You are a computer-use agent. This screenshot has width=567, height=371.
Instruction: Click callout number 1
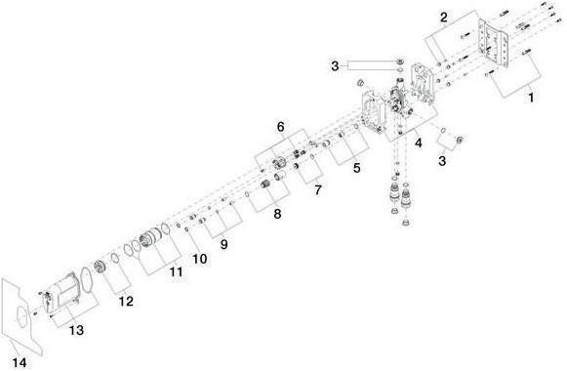[531, 98]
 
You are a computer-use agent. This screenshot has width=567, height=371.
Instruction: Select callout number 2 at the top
[443, 18]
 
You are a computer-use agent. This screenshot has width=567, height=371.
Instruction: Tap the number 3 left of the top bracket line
[335, 65]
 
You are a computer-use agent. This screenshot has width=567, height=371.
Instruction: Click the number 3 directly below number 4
[443, 158]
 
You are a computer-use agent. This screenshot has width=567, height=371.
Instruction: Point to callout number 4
[418, 143]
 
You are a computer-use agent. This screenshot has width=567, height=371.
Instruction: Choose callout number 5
[356, 167]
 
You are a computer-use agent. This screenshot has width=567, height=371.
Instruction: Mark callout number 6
[280, 127]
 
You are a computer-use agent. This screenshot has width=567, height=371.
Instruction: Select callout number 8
[277, 213]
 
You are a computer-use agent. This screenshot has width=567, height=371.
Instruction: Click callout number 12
[125, 302]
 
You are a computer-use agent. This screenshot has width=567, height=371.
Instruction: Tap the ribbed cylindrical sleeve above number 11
[152, 240]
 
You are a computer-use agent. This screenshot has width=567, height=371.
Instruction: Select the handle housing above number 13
[65, 294]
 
